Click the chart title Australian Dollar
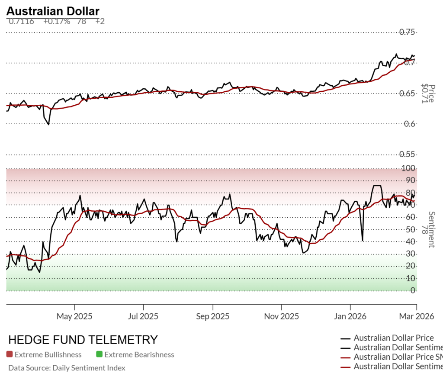53,11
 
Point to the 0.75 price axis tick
407,32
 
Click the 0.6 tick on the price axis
409,124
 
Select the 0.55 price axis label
407,154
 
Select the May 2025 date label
74,316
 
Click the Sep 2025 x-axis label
212,316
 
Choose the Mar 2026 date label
416,316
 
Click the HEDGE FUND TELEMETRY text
83,339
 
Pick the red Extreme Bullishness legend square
10,354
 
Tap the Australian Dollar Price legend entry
394,338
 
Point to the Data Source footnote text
67,368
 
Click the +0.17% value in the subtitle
57,21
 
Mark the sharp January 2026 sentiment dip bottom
362,240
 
